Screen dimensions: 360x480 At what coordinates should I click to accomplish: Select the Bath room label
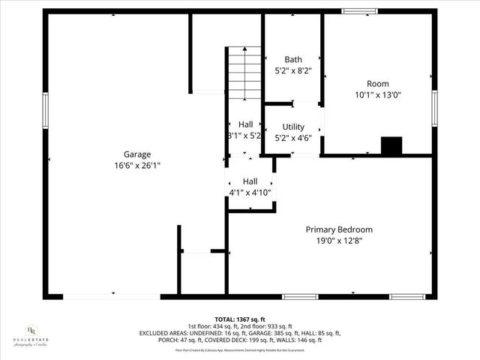tap(292, 59)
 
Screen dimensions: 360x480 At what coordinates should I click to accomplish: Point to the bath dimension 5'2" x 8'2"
tap(292, 70)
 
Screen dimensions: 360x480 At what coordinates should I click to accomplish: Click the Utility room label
tap(293, 127)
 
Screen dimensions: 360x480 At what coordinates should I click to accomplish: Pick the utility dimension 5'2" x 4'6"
tap(293, 138)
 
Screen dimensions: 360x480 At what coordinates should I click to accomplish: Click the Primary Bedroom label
tap(338, 229)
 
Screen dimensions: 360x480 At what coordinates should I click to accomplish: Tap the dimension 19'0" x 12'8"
tap(338, 241)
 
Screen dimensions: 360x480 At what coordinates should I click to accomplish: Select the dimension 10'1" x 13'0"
tap(377, 95)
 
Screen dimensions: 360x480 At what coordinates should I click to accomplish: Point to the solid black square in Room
tap(391, 145)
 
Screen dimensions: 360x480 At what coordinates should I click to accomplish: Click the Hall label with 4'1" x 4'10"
tap(250, 181)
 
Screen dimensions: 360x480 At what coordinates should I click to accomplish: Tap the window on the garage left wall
tap(45, 109)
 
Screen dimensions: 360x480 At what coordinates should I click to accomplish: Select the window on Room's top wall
tap(358, 11)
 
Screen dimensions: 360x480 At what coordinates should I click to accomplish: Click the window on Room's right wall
tap(434, 109)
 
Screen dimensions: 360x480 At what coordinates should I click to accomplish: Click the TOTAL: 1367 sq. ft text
tap(240, 318)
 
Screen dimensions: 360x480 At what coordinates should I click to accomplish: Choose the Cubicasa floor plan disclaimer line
tap(240, 349)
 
